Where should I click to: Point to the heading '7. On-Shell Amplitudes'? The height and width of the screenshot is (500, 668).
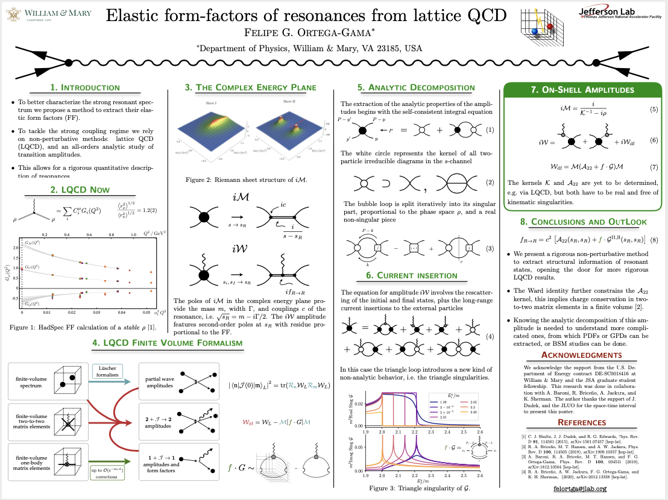click(582, 90)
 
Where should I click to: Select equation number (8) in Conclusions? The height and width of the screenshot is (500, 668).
click(653, 239)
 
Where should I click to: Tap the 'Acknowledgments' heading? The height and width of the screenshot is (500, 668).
click(582, 355)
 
